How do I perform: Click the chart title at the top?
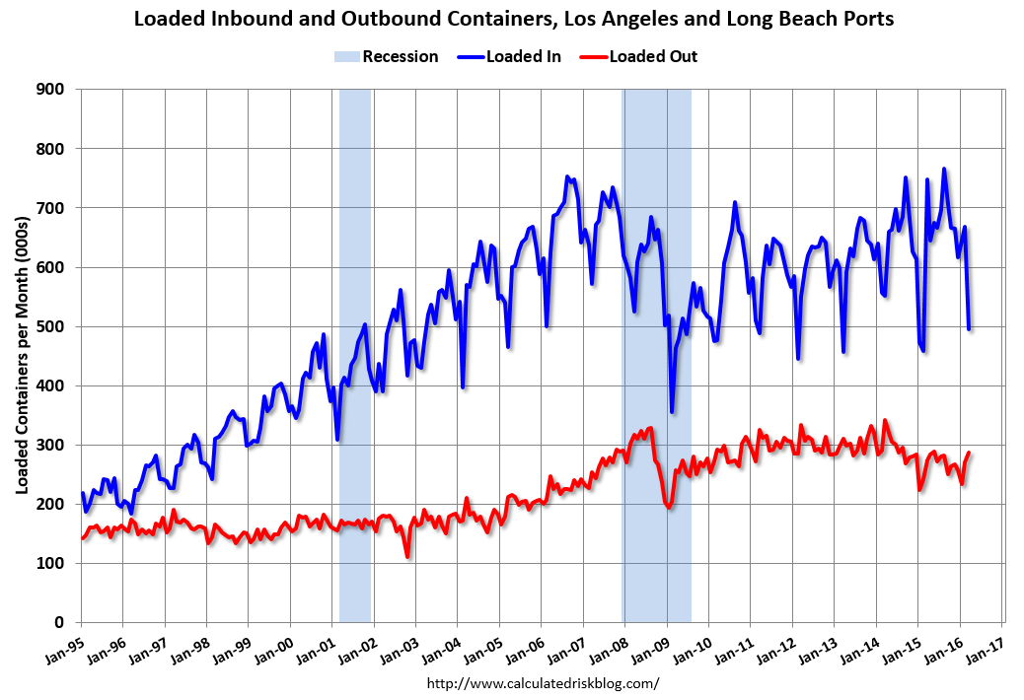pyautogui.click(x=512, y=19)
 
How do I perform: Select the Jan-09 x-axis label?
pyautogui.click(x=656, y=645)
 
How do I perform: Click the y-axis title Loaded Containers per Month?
pyautogui.click(x=21, y=355)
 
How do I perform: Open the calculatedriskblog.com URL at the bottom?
pyautogui.click(x=543, y=682)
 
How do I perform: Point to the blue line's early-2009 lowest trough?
pyautogui.click(x=672, y=411)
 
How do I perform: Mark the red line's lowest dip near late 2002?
pyautogui.click(x=407, y=557)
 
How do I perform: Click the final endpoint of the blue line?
pyautogui.click(x=969, y=328)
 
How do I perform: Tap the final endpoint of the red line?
pyautogui.click(x=969, y=453)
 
